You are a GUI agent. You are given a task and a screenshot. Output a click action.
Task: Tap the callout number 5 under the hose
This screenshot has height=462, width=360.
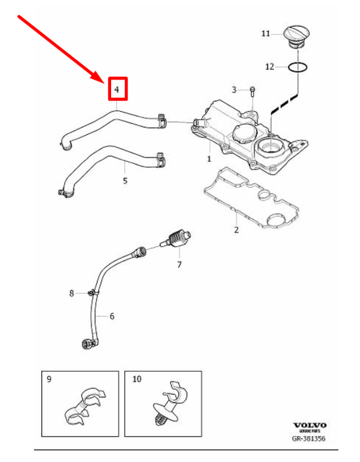(x=124, y=180)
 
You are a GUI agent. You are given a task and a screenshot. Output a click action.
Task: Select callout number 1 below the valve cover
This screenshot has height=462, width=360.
(x=209, y=158)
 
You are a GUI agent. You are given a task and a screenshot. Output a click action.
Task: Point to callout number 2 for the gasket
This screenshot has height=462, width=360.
(x=235, y=230)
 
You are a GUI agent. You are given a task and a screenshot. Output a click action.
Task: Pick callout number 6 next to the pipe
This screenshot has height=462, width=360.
(x=112, y=315)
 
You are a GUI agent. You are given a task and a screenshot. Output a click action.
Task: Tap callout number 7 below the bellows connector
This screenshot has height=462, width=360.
(x=180, y=265)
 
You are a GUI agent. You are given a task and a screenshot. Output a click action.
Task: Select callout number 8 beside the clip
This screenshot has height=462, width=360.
(x=71, y=292)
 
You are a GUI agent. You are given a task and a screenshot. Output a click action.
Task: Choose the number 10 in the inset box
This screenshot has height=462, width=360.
(x=138, y=379)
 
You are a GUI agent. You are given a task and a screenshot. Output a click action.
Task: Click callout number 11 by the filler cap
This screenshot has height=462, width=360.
(x=265, y=33)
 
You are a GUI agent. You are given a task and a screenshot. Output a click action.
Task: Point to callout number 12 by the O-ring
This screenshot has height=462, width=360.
(x=268, y=66)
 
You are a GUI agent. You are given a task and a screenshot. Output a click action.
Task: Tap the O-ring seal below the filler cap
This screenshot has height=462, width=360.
(x=299, y=67)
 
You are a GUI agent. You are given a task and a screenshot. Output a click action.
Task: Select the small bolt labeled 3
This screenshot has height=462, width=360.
(x=253, y=90)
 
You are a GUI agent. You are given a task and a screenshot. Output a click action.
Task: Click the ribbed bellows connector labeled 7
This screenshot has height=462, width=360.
(x=176, y=237)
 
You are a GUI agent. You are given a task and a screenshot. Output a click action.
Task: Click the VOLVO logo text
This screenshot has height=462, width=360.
(x=309, y=426)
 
